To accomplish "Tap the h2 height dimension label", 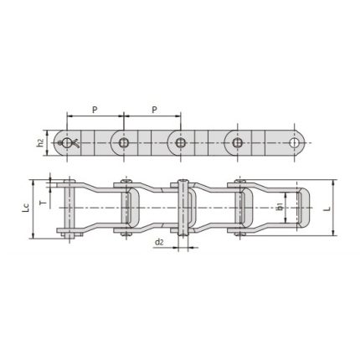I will point(41,142).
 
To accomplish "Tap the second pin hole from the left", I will point(123,142).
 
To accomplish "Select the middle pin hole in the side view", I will point(178,142).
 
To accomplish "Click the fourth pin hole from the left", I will point(234,142).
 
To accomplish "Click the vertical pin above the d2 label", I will point(178,208).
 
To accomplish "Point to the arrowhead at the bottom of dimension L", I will point(333,235).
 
